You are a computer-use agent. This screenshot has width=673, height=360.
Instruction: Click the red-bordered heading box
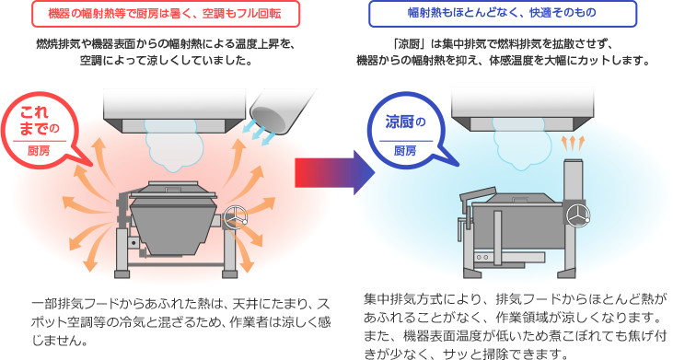coord(165,14)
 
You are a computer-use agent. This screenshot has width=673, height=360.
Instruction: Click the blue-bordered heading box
coord(502,14)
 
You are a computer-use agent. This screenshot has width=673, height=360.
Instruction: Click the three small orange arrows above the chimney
coord(574,143)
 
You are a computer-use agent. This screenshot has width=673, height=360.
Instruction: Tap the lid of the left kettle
coord(173,190)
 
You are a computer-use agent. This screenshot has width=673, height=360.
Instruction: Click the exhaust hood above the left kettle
coord(174,110)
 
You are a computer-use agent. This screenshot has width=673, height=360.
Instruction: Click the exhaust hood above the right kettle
coord(522,110)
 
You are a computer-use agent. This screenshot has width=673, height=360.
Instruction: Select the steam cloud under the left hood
coord(173,145)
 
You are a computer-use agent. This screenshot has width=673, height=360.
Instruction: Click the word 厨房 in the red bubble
coord(39,151)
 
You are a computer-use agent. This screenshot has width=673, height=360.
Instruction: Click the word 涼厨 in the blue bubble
coord(400,122)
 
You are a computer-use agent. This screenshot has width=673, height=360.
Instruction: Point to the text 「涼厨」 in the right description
coord(406,44)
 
